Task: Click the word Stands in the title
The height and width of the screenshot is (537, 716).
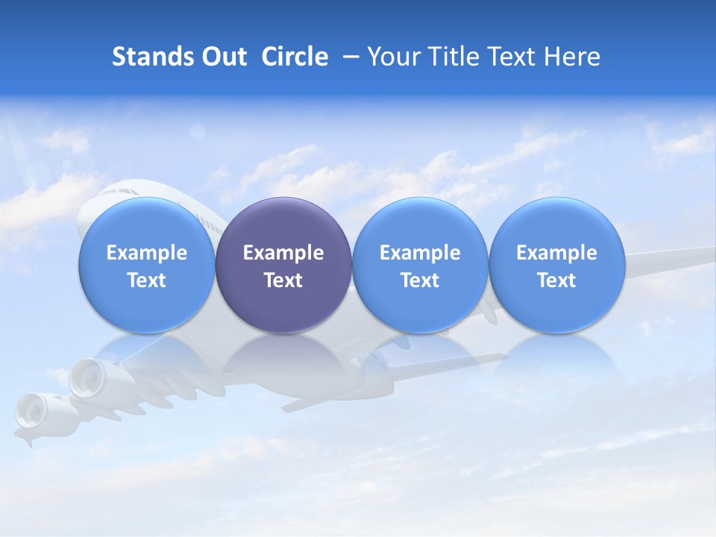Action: [x=147, y=57]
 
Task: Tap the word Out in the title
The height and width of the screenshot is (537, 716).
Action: [x=222, y=57]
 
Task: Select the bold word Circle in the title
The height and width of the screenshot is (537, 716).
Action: [x=295, y=57]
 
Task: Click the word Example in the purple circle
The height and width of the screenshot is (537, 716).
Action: [x=283, y=253]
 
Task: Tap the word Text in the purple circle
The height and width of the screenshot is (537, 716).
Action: [x=283, y=280]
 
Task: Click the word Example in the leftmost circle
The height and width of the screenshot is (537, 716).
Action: [x=146, y=253]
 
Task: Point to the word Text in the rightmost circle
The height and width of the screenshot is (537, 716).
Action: [x=556, y=280]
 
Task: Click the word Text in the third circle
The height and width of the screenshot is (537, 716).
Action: [x=420, y=280]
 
